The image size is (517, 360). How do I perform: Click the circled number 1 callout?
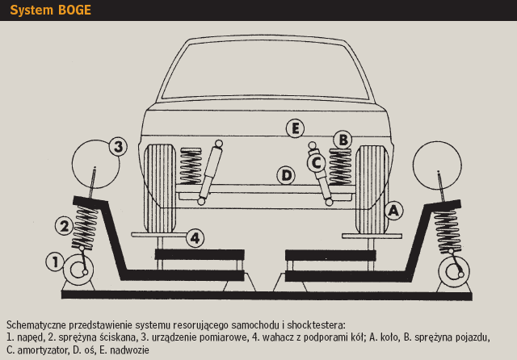click(x=54, y=261)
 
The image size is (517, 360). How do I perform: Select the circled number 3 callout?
click(x=118, y=147)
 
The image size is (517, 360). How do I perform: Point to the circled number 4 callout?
click(x=195, y=237)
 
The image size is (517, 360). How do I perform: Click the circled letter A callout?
click(x=393, y=211)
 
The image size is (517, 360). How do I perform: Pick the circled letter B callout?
click(x=343, y=140)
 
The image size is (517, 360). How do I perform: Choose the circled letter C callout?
click(x=316, y=162)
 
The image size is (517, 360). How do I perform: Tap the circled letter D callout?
click(x=285, y=174)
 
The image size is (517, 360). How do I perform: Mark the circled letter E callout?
click(x=296, y=128)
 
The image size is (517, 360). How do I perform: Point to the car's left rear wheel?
click(x=159, y=186)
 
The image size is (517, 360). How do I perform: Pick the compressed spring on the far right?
click(x=444, y=230)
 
